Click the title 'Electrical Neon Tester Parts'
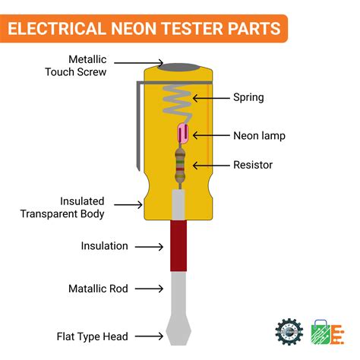click(145, 30)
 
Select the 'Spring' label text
click(248, 97)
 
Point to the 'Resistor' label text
click(253, 164)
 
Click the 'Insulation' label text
click(105, 246)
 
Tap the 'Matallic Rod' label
click(99, 289)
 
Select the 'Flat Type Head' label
click(93, 336)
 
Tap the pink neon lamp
click(182, 134)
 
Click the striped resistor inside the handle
click(180, 166)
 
